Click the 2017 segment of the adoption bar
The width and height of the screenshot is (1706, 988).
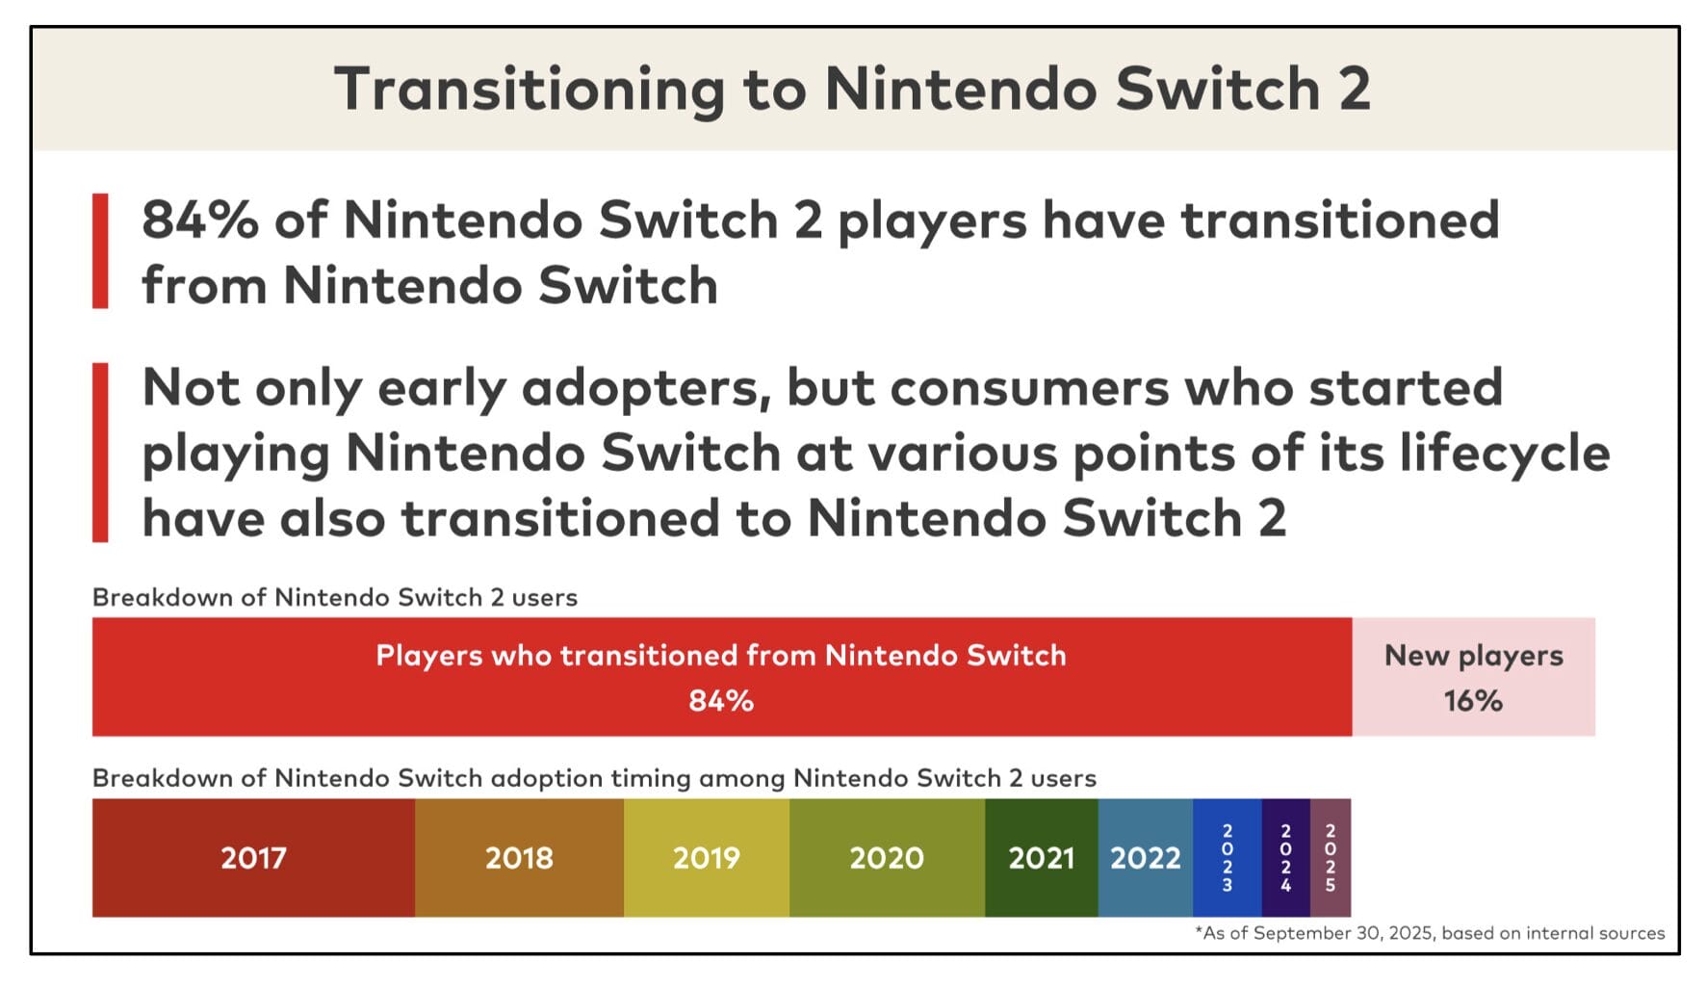253,857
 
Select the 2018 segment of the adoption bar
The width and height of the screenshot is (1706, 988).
519,857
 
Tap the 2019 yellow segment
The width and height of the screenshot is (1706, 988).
706,857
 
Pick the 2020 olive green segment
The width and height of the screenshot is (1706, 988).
887,857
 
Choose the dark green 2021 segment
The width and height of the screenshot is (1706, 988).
1041,857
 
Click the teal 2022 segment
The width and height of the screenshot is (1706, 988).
1145,857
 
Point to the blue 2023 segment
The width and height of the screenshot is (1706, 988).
1227,857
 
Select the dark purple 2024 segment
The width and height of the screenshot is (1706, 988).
1285,857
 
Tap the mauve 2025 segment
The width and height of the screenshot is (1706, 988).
1330,857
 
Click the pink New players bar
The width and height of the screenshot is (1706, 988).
1473,677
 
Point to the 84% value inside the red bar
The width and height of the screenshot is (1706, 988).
721,701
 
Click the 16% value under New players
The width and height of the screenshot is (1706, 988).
1473,701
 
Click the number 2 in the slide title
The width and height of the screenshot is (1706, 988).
1354,90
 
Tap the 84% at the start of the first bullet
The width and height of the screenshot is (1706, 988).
200,220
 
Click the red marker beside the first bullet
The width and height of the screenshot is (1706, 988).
100,250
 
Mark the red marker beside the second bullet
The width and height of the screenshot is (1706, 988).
100,452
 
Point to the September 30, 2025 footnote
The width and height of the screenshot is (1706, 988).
1430,932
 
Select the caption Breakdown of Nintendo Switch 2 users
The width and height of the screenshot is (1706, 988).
334,597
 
